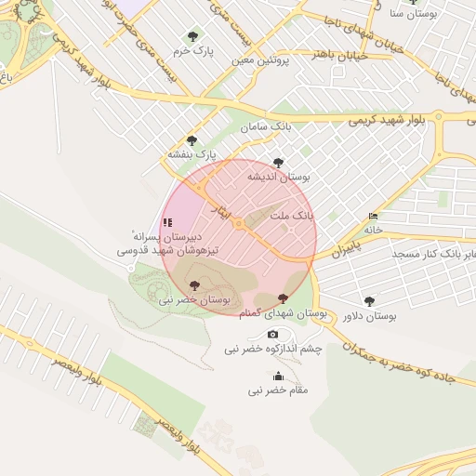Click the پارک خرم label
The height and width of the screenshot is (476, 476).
(192, 52)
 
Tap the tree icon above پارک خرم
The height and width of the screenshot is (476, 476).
(192, 37)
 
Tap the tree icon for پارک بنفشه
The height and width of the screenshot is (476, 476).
(192, 140)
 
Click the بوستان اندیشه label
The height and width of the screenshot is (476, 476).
(287, 176)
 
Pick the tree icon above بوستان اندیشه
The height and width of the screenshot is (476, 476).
(278, 162)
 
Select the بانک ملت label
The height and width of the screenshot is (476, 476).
(291, 215)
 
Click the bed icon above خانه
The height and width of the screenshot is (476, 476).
(374, 216)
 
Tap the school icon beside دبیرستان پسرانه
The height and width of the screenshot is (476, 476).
(167, 222)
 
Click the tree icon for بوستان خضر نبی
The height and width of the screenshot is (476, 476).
(193, 285)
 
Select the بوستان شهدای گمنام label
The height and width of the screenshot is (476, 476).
(296, 314)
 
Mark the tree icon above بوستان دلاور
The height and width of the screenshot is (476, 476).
(369, 301)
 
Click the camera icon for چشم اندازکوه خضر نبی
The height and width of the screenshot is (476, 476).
(272, 334)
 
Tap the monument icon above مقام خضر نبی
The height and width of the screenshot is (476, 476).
(278, 376)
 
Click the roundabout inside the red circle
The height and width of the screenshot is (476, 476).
(239, 224)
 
